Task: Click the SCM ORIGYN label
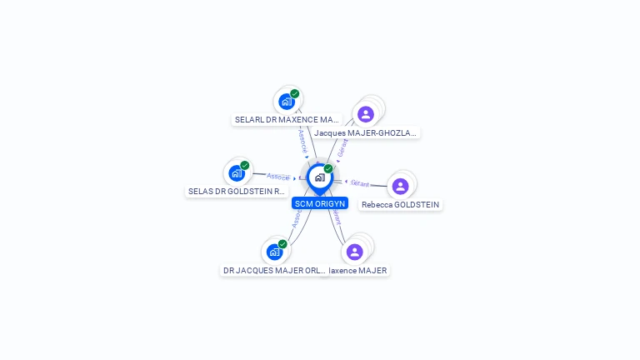click(320, 203)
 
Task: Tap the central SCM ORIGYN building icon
click(319, 177)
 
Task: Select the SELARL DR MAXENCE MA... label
click(287, 119)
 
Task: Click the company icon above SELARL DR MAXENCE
click(287, 102)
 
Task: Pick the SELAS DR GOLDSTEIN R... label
click(237, 191)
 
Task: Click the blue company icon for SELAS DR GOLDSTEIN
click(237, 173)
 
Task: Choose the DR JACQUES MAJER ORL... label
click(274, 270)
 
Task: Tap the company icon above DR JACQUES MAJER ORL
click(274, 252)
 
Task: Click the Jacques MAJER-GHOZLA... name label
click(366, 132)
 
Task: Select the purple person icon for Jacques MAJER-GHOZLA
click(365, 114)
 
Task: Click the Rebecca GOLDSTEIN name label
click(401, 204)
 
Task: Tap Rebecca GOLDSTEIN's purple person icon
click(400, 186)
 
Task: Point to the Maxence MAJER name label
click(359, 270)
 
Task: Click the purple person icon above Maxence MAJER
click(355, 252)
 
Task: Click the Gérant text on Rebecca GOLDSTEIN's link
click(360, 182)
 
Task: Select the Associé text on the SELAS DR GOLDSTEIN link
click(278, 177)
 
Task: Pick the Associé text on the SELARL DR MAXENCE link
click(302, 141)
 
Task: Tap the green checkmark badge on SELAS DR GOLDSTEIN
click(245, 165)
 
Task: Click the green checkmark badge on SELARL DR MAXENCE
click(295, 94)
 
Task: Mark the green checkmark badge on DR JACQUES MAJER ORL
click(282, 244)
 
